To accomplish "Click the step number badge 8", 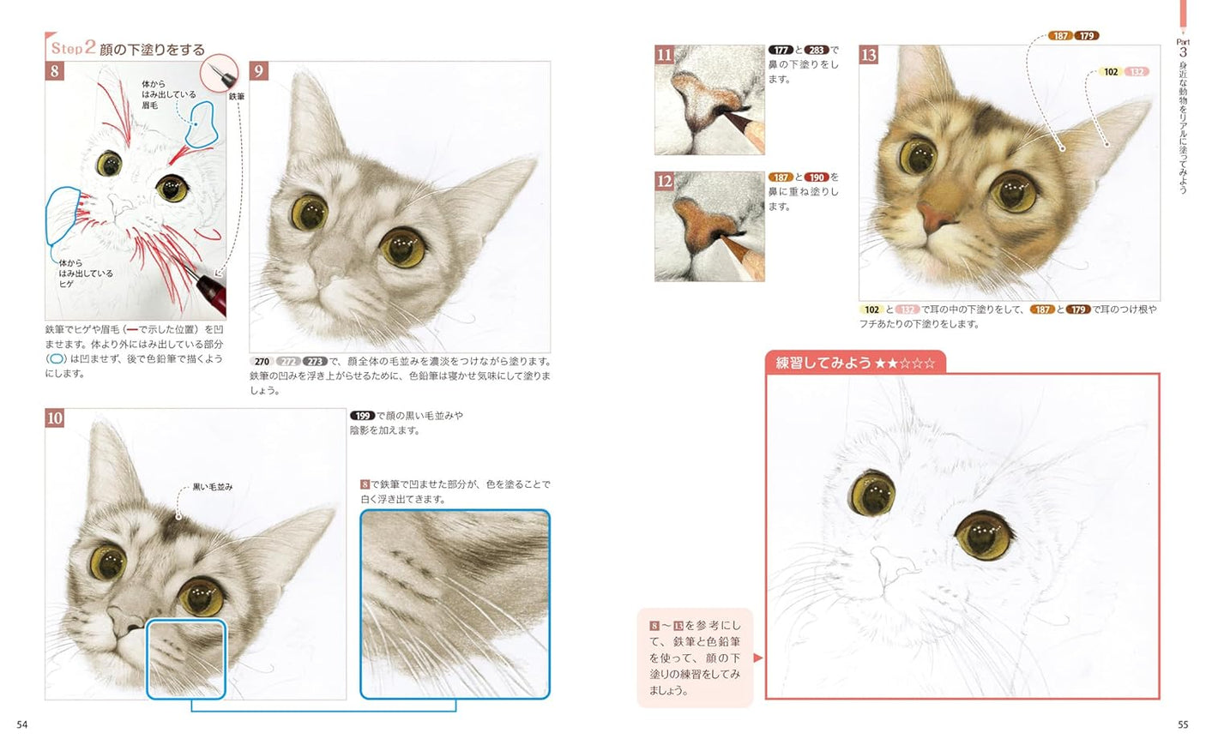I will click(55, 70).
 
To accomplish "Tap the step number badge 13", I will click(868, 55).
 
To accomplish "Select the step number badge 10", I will click(55, 418).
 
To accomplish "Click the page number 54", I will click(22, 724).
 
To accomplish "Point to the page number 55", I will click(1183, 724).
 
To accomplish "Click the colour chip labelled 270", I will click(262, 362).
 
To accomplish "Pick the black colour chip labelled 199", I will click(362, 416).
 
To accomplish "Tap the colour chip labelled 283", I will click(816, 50).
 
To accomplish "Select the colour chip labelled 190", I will click(816, 177).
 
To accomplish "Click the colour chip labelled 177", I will click(780, 50).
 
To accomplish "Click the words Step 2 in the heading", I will click(73, 48).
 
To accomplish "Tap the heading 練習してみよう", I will click(823, 363).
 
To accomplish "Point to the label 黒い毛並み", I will click(212, 487).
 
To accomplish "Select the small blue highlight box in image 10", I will click(186, 658).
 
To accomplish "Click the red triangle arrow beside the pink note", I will click(757, 658).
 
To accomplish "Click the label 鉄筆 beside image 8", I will click(237, 97).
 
